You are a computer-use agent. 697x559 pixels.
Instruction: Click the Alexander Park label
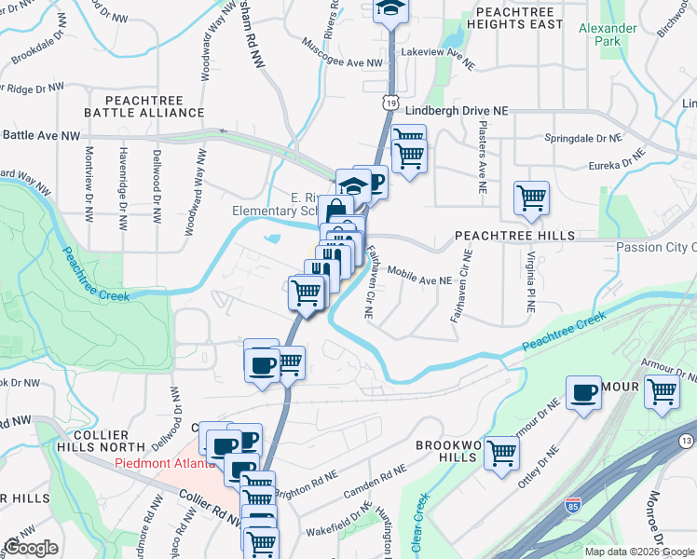pos(608,35)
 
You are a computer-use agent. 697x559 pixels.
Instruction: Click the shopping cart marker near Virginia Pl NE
pos(531,198)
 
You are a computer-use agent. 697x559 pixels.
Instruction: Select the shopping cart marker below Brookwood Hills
pos(501,454)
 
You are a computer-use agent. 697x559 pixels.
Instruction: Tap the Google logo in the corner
pos(31,548)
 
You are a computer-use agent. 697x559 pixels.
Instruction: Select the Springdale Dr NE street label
pos(582,138)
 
